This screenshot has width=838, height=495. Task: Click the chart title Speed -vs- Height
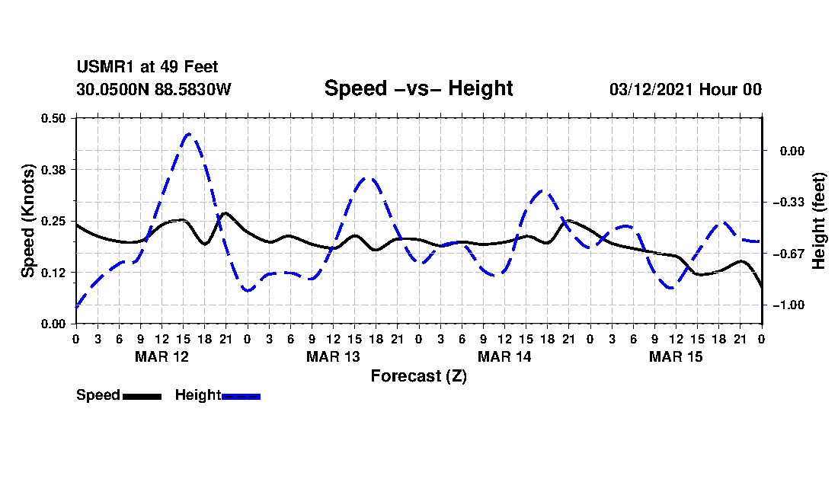(418, 88)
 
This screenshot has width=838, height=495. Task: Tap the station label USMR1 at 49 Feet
(148, 67)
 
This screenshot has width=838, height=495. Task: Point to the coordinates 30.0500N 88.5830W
(154, 89)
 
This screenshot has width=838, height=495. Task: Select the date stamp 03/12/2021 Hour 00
(686, 89)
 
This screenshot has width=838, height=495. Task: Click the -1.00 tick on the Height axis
(788, 305)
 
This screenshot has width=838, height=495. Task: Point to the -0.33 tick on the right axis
(788, 203)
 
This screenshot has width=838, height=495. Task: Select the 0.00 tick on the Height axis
(792, 151)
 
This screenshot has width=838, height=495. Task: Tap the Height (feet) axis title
(818, 221)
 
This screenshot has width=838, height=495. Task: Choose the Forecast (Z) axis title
(419, 376)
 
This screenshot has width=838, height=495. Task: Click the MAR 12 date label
(162, 356)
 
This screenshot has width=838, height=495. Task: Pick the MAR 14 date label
(504, 356)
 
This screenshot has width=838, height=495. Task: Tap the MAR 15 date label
(676, 356)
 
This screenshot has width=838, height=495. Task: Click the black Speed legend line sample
(142, 396)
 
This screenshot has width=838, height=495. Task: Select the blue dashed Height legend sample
(241, 396)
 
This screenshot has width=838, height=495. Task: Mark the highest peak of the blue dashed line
(189, 133)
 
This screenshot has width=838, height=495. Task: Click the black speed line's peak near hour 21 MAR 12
(225, 213)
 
